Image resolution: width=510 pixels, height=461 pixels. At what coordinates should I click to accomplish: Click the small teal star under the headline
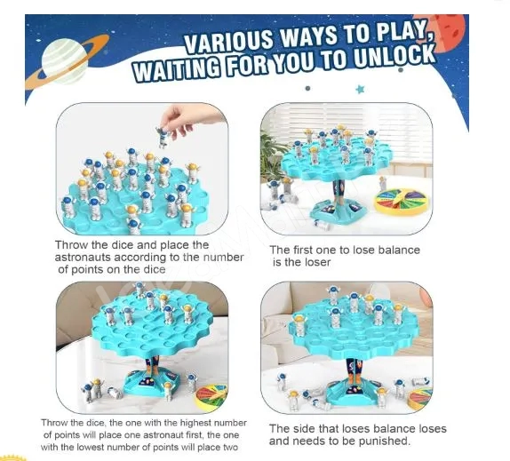[x=360, y=89]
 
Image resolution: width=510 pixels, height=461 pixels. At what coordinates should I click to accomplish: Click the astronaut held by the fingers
[x=163, y=138]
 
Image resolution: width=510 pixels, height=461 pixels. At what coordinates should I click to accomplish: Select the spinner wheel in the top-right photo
[x=402, y=202]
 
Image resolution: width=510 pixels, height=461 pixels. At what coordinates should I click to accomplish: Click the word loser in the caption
[x=315, y=262]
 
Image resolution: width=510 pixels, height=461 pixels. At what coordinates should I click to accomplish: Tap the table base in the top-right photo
[x=339, y=211]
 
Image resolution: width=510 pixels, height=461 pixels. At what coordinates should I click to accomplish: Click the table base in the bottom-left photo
[x=152, y=382]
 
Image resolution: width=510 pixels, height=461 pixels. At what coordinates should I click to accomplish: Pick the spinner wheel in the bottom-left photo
[x=211, y=395]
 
